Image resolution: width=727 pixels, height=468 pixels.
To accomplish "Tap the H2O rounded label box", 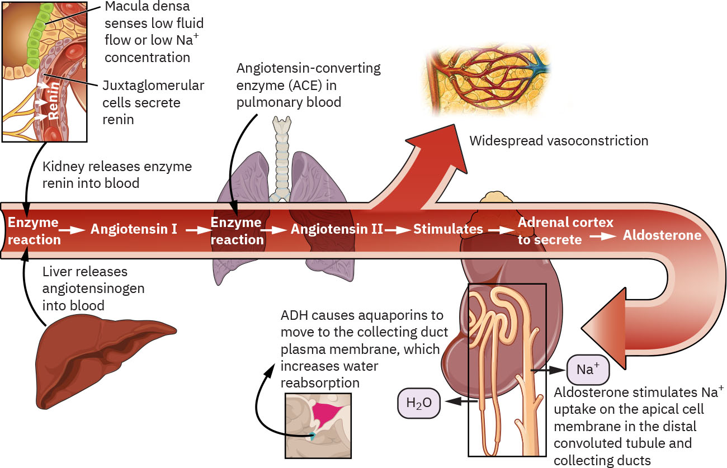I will (x=418, y=403).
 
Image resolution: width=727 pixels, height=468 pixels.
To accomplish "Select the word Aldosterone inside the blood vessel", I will (x=662, y=235).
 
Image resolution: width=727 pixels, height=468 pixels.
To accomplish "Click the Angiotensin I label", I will (x=134, y=229).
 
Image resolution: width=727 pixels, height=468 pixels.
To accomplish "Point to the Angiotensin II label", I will (x=337, y=229).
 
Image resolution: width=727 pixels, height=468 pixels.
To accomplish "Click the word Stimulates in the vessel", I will (x=448, y=229).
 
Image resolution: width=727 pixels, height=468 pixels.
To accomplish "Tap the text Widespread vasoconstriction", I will (x=558, y=140).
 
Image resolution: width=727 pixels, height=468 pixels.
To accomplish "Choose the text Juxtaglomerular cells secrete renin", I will (x=153, y=103).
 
